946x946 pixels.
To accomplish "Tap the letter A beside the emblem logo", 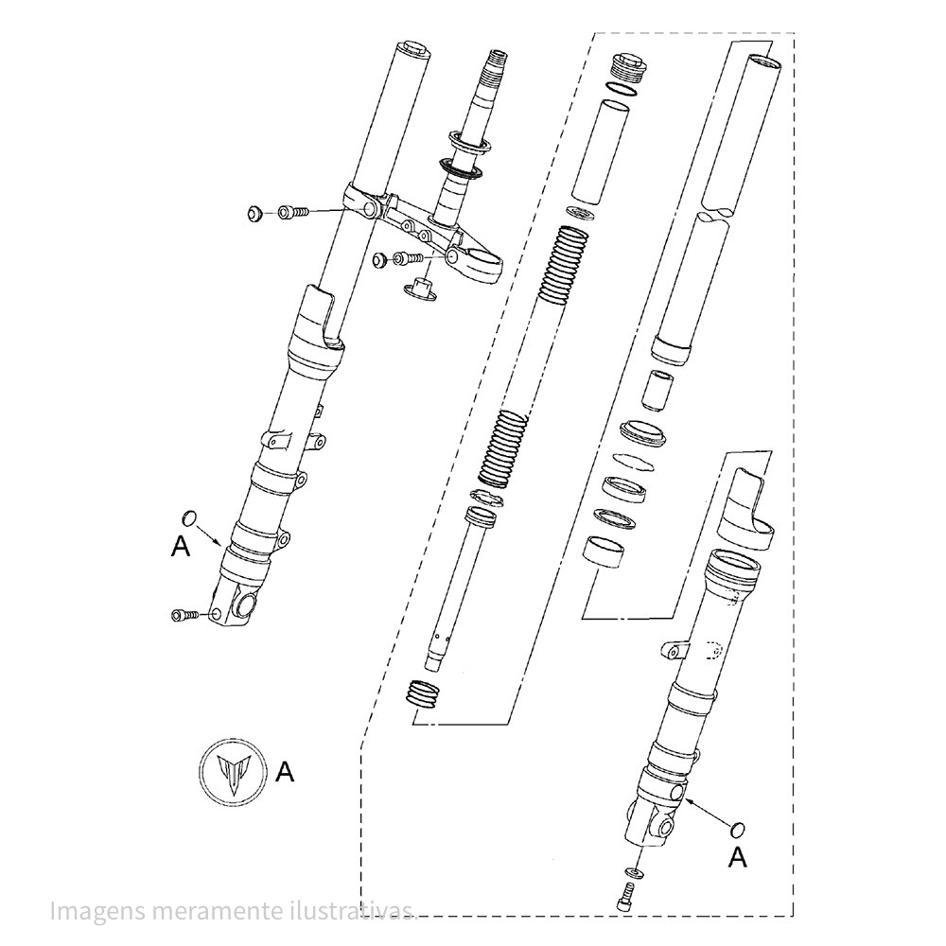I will (x=285, y=772).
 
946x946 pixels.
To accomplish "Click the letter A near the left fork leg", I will (x=180, y=546).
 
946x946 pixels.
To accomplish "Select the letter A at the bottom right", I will (x=739, y=857).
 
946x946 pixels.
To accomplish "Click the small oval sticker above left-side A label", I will (x=188, y=517).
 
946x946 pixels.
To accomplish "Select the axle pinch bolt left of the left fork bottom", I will (x=184, y=616).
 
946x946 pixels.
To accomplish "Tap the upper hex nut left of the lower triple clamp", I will (x=254, y=215).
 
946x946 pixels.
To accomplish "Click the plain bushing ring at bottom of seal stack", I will (x=604, y=550).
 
